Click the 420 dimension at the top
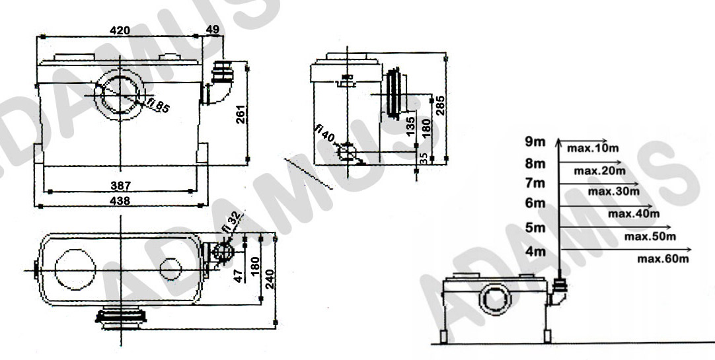pyautogui.click(x=120, y=30)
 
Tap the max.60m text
pyautogui.click(x=663, y=258)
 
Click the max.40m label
pyautogui.click(x=634, y=213)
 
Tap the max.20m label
pyautogui.click(x=599, y=170)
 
